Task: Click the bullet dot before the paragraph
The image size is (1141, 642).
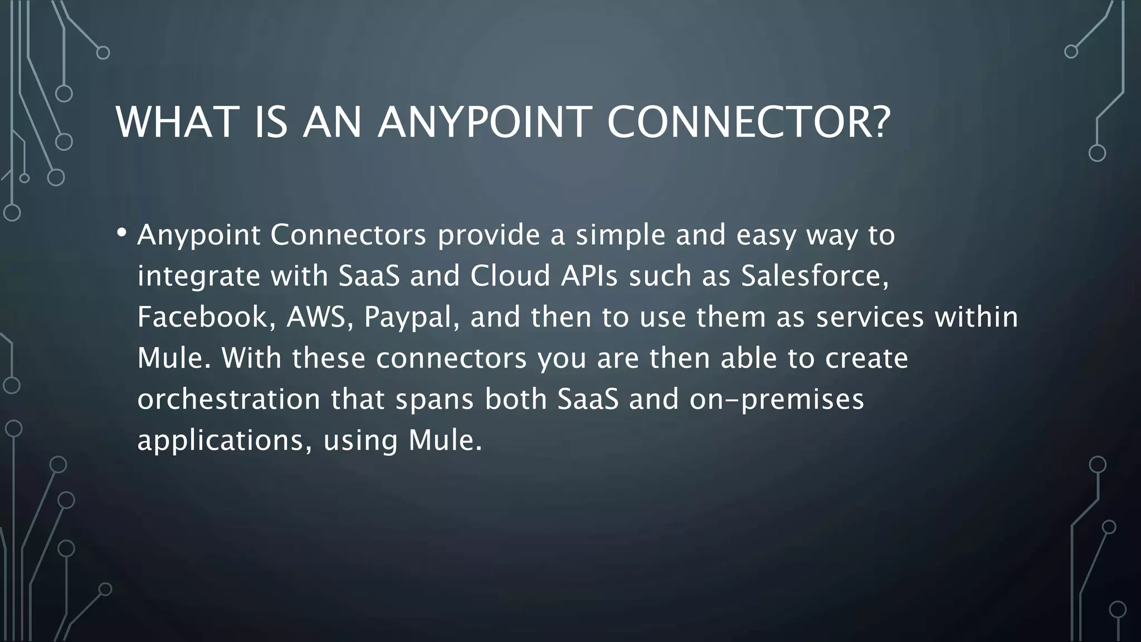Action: point(122,232)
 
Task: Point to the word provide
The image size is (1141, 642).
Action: point(489,235)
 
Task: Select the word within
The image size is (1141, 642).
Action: point(976,317)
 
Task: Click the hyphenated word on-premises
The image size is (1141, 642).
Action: point(776,399)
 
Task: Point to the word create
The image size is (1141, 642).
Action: point(866,358)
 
